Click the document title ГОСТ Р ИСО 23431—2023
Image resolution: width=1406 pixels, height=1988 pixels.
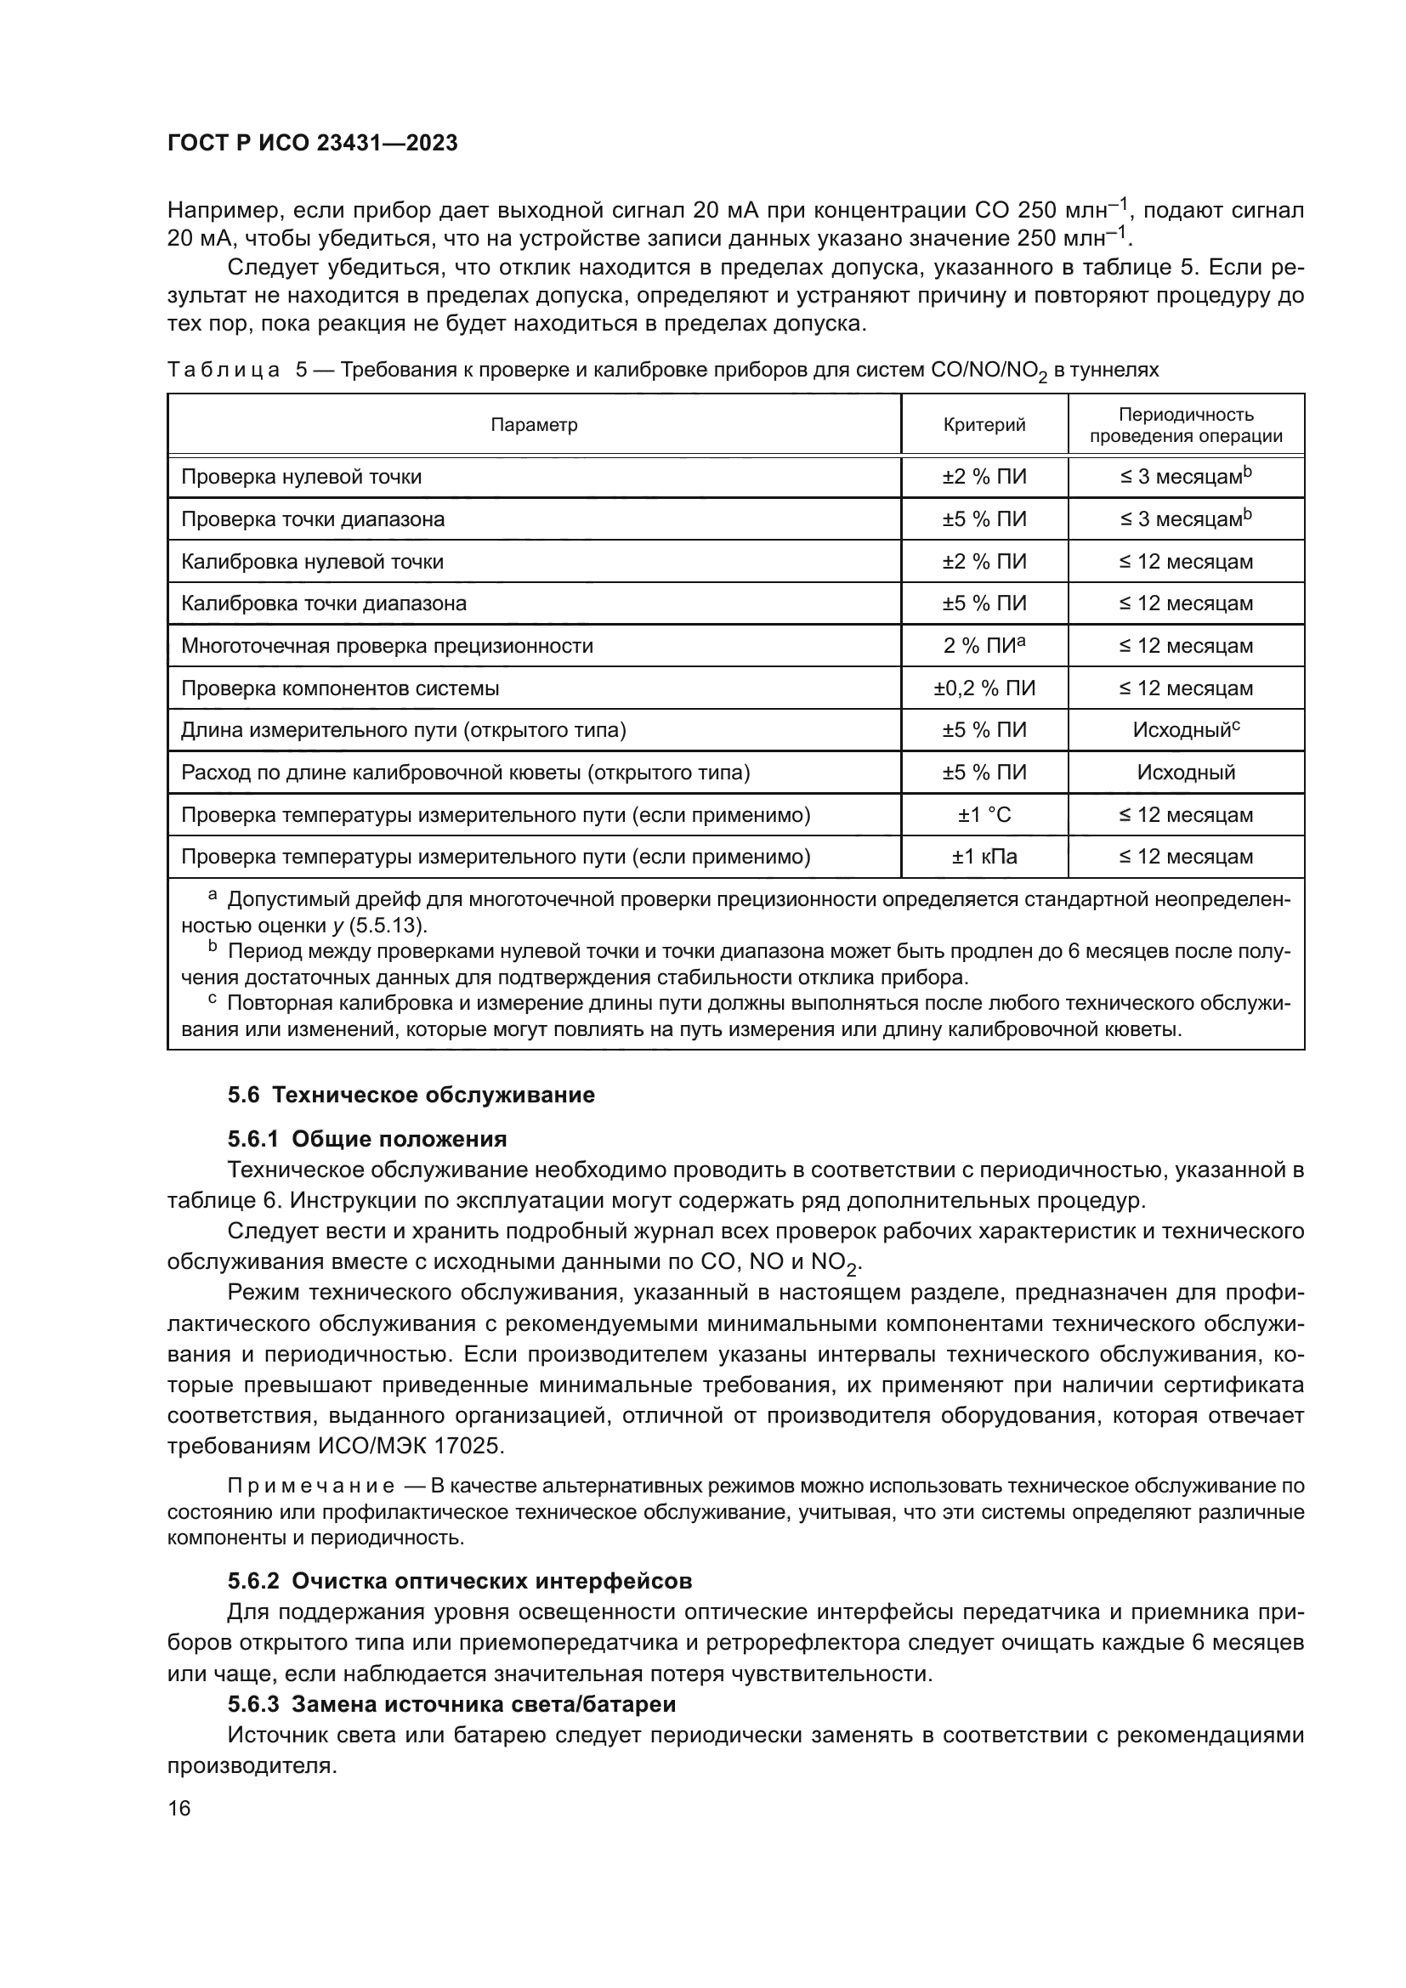click(x=313, y=144)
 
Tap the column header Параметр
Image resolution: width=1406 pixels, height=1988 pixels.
click(x=533, y=425)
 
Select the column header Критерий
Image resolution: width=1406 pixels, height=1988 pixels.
click(x=984, y=425)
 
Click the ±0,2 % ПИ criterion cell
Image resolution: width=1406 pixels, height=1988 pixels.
click(x=984, y=688)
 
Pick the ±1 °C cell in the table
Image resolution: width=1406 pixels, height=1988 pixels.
click(x=984, y=815)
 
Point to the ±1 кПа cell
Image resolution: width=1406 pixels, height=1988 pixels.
click(x=984, y=858)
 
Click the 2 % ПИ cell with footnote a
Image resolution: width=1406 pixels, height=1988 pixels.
click(x=984, y=646)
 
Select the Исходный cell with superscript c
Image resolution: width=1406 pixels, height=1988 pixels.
click(x=1185, y=730)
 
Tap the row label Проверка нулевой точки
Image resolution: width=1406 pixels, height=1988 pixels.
click(x=301, y=477)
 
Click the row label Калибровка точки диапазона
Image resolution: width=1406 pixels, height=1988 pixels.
click(x=324, y=603)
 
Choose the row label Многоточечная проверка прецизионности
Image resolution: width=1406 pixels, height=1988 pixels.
click(x=387, y=646)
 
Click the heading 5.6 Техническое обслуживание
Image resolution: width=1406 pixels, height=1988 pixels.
click(x=411, y=1096)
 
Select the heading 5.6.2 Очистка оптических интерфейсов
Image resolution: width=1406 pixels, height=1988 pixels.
click(x=460, y=1581)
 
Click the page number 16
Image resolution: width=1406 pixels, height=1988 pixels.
click(x=179, y=1808)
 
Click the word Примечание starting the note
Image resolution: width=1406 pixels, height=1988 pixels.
click(x=310, y=1487)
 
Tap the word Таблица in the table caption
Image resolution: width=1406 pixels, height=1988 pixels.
click(x=224, y=371)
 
